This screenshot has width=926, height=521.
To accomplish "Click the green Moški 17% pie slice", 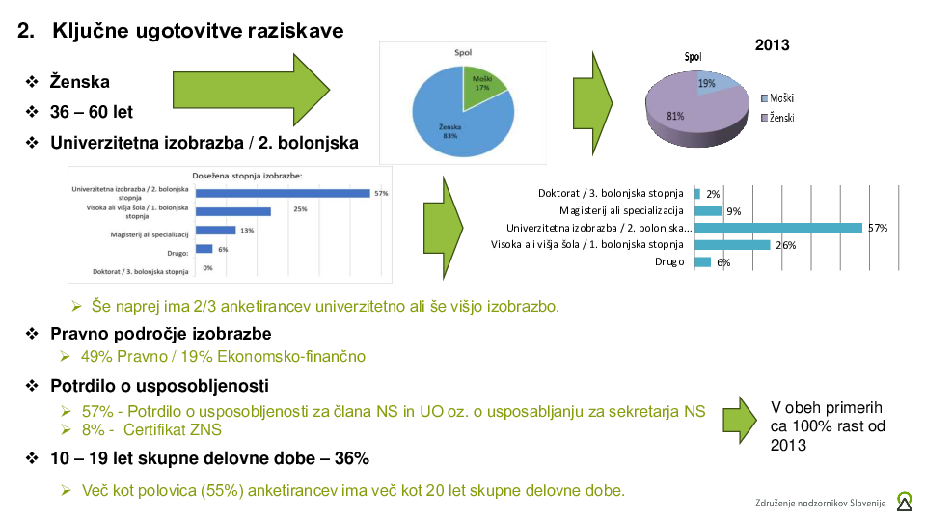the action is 480,86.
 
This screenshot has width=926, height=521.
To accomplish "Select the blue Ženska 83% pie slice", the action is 454,124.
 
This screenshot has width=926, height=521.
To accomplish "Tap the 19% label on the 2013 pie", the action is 706,83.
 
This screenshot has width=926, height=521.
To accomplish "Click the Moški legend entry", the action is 777,98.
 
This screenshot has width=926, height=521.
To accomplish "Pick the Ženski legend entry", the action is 777,118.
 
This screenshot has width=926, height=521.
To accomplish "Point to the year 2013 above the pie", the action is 772,45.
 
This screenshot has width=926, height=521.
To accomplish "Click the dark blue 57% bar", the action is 283,193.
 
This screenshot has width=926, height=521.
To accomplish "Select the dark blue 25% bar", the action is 233,211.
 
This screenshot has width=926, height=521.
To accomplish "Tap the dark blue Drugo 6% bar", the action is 204,249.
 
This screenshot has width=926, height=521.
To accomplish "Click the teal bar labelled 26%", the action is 732,244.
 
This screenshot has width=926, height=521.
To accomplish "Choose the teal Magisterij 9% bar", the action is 708,211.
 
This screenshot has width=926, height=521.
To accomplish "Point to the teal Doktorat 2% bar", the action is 697,194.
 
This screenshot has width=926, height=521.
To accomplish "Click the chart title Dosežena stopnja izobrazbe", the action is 248,176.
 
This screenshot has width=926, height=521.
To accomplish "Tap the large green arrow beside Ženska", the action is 251,90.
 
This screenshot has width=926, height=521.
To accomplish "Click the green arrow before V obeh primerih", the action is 740,420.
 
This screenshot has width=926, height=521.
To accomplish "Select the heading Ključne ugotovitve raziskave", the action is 198,31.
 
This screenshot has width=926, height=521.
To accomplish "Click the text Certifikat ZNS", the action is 173,429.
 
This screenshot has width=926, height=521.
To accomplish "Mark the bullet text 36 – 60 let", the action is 92,112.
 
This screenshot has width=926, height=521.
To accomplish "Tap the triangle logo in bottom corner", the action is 905,502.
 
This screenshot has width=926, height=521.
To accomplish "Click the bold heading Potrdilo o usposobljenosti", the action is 159,386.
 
